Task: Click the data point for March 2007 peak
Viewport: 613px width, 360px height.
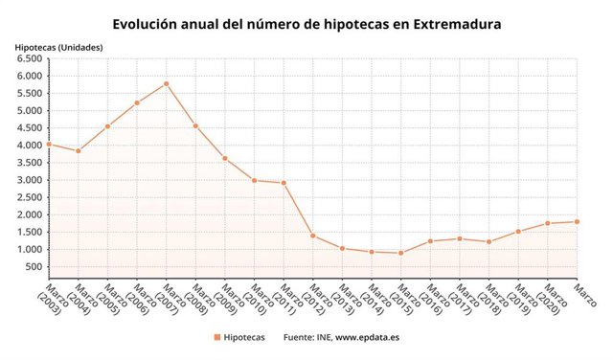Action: pyautogui.click(x=166, y=83)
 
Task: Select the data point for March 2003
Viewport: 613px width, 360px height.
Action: pyautogui.click(x=48, y=145)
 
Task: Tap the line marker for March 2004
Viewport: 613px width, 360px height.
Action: pyautogui.click(x=78, y=151)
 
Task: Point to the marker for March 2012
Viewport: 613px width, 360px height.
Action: pyautogui.click(x=313, y=236)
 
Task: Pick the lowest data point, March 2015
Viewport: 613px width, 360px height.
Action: pyautogui.click(x=401, y=253)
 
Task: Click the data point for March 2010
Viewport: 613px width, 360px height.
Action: pyautogui.click(x=254, y=180)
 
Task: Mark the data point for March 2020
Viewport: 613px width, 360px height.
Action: pyautogui.click(x=548, y=223)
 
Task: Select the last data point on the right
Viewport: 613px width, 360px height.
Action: pyautogui.click(x=578, y=222)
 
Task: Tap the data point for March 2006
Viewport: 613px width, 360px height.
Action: pyautogui.click(x=137, y=102)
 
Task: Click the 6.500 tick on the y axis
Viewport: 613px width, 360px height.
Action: pyautogui.click(x=29, y=58)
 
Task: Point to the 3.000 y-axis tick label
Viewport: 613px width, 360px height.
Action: pyautogui.click(x=29, y=180)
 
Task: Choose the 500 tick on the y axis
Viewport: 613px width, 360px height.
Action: pyautogui.click(x=34, y=267)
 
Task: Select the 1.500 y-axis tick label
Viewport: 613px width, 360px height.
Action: pyautogui.click(x=29, y=232)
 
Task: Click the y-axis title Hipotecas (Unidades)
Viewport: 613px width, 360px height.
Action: pyautogui.click(x=58, y=46)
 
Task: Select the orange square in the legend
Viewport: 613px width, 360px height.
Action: pyautogui.click(x=217, y=337)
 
